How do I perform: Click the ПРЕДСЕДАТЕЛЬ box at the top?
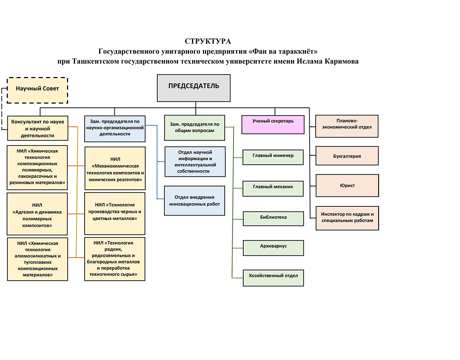pos(193,88)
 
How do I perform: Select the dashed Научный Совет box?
pos(37,90)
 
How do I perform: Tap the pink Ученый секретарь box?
pos(273,125)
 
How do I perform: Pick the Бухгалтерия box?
pos(347,156)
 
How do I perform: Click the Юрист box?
pos(347,185)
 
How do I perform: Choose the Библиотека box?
pos(273,218)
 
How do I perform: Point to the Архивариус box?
pos(273,248)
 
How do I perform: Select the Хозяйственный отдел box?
pos(273,278)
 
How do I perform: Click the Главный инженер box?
pos(273,157)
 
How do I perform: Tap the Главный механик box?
pos(273,188)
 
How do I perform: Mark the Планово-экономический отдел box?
pos(347,126)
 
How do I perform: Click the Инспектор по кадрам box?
pos(347,218)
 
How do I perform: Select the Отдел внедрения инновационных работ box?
pos(195,200)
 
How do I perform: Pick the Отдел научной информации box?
pos(195,161)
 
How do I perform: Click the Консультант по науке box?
pos(38,128)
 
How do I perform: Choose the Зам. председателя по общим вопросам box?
pos(195,128)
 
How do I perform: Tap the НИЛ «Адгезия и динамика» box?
pos(37,214)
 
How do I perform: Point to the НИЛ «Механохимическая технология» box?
pos(115,168)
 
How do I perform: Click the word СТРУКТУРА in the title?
pos(208,41)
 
